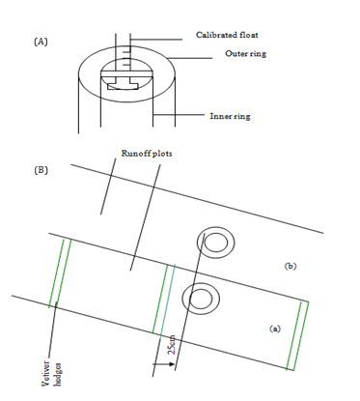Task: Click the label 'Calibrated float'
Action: coord(227,35)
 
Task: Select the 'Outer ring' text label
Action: coord(245,53)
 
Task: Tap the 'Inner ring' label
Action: coord(230,116)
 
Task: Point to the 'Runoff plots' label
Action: coord(147,154)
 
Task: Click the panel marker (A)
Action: coord(41,42)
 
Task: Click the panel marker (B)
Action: coord(41,170)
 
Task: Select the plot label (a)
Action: coord(275,329)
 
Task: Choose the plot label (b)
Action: coord(291,266)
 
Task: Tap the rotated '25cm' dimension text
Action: coord(172,345)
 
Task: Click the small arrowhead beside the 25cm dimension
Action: coord(171,364)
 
